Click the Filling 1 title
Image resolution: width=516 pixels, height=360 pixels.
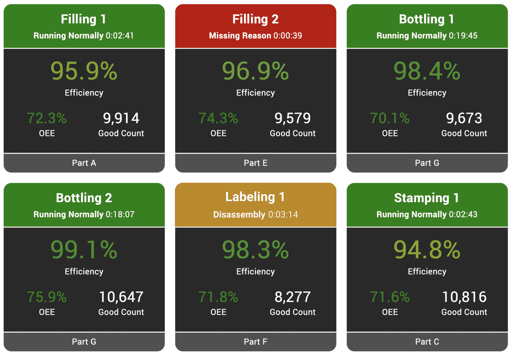[x=84, y=19]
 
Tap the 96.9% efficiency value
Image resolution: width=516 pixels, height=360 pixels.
[x=255, y=71]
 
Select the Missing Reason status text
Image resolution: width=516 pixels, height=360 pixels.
[x=240, y=36]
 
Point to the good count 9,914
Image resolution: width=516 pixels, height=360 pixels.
[x=121, y=118]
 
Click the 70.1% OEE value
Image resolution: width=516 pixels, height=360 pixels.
[x=390, y=118]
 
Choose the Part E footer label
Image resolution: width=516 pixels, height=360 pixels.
[x=255, y=163]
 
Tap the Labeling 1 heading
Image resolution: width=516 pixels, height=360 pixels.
[x=255, y=197]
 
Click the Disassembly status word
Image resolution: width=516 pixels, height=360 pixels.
[x=239, y=214]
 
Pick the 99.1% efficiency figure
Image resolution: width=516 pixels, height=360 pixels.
[x=84, y=250]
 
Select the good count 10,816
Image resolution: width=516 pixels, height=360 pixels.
[x=464, y=297]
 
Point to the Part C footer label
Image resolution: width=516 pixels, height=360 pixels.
[x=427, y=342]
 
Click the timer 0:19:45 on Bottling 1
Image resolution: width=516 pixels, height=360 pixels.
[x=463, y=36]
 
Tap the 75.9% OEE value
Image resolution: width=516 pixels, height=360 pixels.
[x=47, y=297]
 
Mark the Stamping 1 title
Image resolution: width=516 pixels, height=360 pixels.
[x=427, y=198]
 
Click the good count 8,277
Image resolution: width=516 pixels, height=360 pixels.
[x=292, y=297]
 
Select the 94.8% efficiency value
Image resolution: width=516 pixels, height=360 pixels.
[x=427, y=250]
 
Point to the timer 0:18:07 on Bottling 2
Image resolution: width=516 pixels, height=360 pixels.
[x=120, y=214]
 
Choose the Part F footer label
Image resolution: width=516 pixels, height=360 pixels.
[x=255, y=342]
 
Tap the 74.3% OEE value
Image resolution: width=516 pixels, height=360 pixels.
[x=218, y=118]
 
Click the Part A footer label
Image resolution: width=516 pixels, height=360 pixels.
[x=84, y=163]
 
